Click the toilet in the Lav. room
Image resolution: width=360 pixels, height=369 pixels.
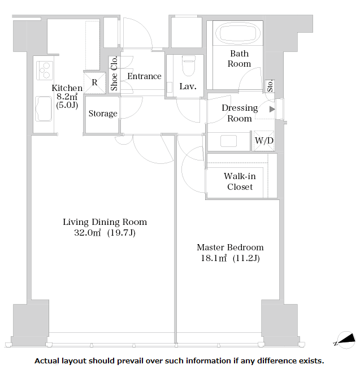click(x=189, y=66)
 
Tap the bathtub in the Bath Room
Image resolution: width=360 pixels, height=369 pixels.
click(x=240, y=33)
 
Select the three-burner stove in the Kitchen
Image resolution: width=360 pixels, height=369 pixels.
click(x=45, y=71)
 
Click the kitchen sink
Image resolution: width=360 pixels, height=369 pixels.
click(x=44, y=108)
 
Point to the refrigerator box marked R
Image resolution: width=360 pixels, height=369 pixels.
click(x=94, y=83)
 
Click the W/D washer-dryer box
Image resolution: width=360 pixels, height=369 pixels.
click(x=264, y=141)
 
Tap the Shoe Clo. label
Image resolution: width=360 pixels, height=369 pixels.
click(x=114, y=73)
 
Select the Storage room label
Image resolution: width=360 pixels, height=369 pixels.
click(x=103, y=114)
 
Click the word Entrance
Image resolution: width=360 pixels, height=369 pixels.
click(x=145, y=76)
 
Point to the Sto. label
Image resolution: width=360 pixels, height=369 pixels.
click(x=270, y=86)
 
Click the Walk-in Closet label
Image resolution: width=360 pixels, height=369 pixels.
click(x=240, y=181)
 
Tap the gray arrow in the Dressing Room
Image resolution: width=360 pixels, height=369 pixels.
click(x=272, y=109)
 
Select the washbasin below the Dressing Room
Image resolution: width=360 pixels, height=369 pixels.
click(x=228, y=141)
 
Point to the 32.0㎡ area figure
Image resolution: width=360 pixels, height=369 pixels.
click(x=88, y=233)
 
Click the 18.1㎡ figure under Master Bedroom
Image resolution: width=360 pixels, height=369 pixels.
click(x=214, y=258)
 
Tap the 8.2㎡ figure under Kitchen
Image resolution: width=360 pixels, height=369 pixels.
click(x=67, y=97)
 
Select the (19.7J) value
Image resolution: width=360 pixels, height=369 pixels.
click(x=122, y=233)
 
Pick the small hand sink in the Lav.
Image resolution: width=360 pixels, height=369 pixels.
click(x=170, y=88)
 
